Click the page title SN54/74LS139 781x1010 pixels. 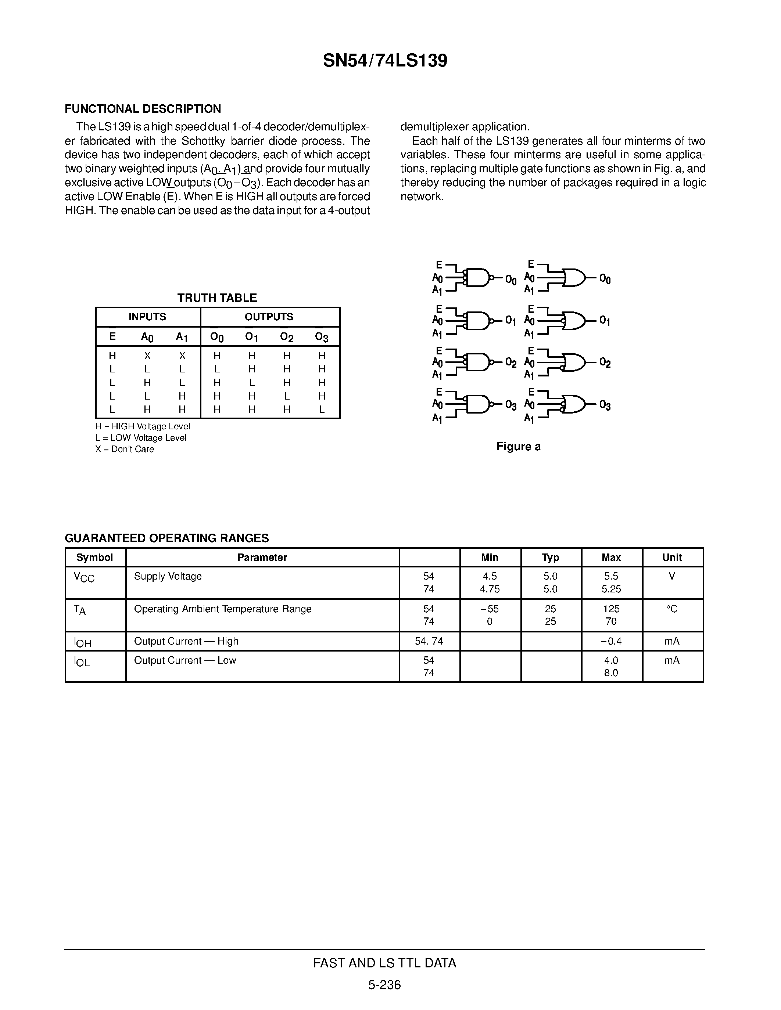coord(385,61)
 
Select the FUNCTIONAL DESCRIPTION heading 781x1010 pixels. coord(143,109)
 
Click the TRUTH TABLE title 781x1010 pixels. coord(217,298)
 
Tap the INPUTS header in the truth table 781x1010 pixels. coord(147,317)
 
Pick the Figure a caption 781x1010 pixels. coord(518,447)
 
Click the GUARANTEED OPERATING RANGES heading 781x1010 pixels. coord(166,538)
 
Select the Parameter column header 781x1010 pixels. coord(262,558)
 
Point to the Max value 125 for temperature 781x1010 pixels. coord(611,609)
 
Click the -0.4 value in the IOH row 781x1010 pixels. coord(611,641)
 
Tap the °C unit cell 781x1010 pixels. coord(672,609)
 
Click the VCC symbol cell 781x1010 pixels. coord(84,578)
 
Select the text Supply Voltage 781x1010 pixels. coord(168,577)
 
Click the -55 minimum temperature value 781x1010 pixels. coord(490,609)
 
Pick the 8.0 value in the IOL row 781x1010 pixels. coord(611,673)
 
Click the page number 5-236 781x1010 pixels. coord(384,985)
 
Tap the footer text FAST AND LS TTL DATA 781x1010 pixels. coord(384,963)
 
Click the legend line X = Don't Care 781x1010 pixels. coord(125,450)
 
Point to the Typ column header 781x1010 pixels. coord(550,558)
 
